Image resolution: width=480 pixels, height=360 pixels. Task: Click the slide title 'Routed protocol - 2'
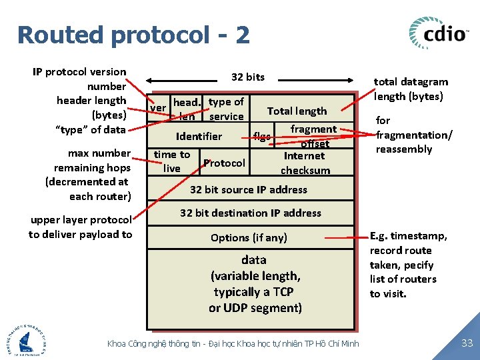point(133,35)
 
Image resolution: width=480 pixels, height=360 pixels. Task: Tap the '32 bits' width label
point(248,77)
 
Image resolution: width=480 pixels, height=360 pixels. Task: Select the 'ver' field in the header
point(158,108)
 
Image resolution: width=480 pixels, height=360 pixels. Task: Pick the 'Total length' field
point(297,111)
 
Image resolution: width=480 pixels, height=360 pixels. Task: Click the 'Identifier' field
point(199,136)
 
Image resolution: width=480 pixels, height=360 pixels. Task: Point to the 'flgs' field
point(262,137)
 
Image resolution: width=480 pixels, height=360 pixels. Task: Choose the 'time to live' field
point(172,161)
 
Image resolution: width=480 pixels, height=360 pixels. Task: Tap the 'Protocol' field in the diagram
point(224,163)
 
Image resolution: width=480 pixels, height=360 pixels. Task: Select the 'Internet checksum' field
point(305,163)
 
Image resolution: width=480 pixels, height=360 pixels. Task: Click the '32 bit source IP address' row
point(249,189)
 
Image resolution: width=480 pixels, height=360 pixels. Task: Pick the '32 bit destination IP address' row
point(251,213)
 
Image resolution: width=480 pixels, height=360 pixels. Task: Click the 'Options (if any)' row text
point(249,237)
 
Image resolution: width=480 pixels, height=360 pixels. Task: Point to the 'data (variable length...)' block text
point(255,283)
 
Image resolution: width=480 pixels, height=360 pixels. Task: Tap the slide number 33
point(467,343)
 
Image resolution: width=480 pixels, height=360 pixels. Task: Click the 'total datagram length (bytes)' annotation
point(411,89)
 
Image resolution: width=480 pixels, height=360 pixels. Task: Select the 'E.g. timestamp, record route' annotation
point(408,265)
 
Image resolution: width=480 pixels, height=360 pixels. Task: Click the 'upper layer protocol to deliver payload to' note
point(81,227)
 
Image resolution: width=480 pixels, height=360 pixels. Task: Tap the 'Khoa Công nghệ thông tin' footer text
point(233,343)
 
